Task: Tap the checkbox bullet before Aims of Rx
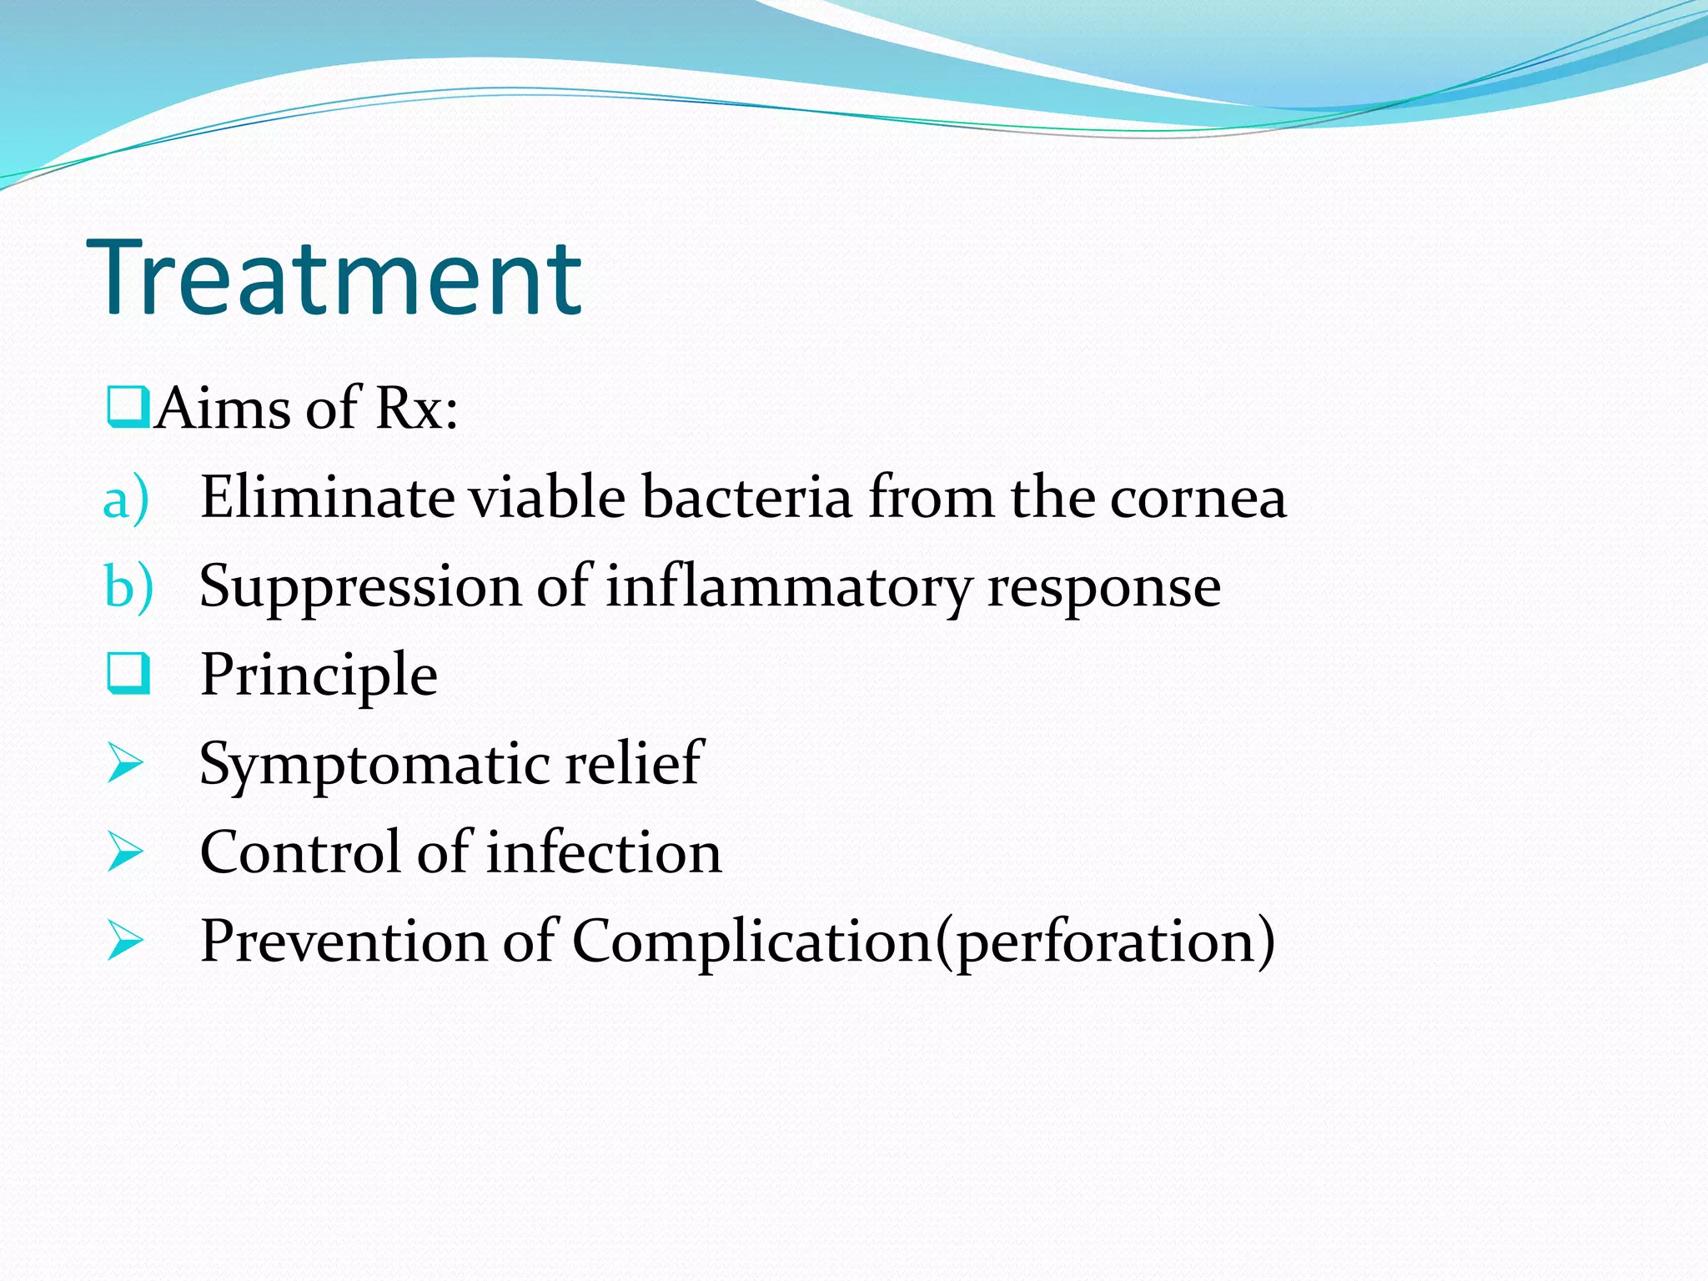pyautogui.click(x=128, y=407)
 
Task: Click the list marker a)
pyautogui.click(x=126, y=499)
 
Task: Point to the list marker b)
pyautogui.click(x=128, y=587)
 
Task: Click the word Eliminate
pyautogui.click(x=327, y=497)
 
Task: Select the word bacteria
pyautogui.click(x=747, y=497)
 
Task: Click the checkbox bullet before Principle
pyautogui.click(x=128, y=674)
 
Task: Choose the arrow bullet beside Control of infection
pyautogui.click(x=125, y=853)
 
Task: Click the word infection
pyautogui.click(x=604, y=853)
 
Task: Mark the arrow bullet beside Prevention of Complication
pyautogui.click(x=125, y=942)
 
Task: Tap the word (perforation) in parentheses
pyautogui.click(x=1105, y=942)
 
